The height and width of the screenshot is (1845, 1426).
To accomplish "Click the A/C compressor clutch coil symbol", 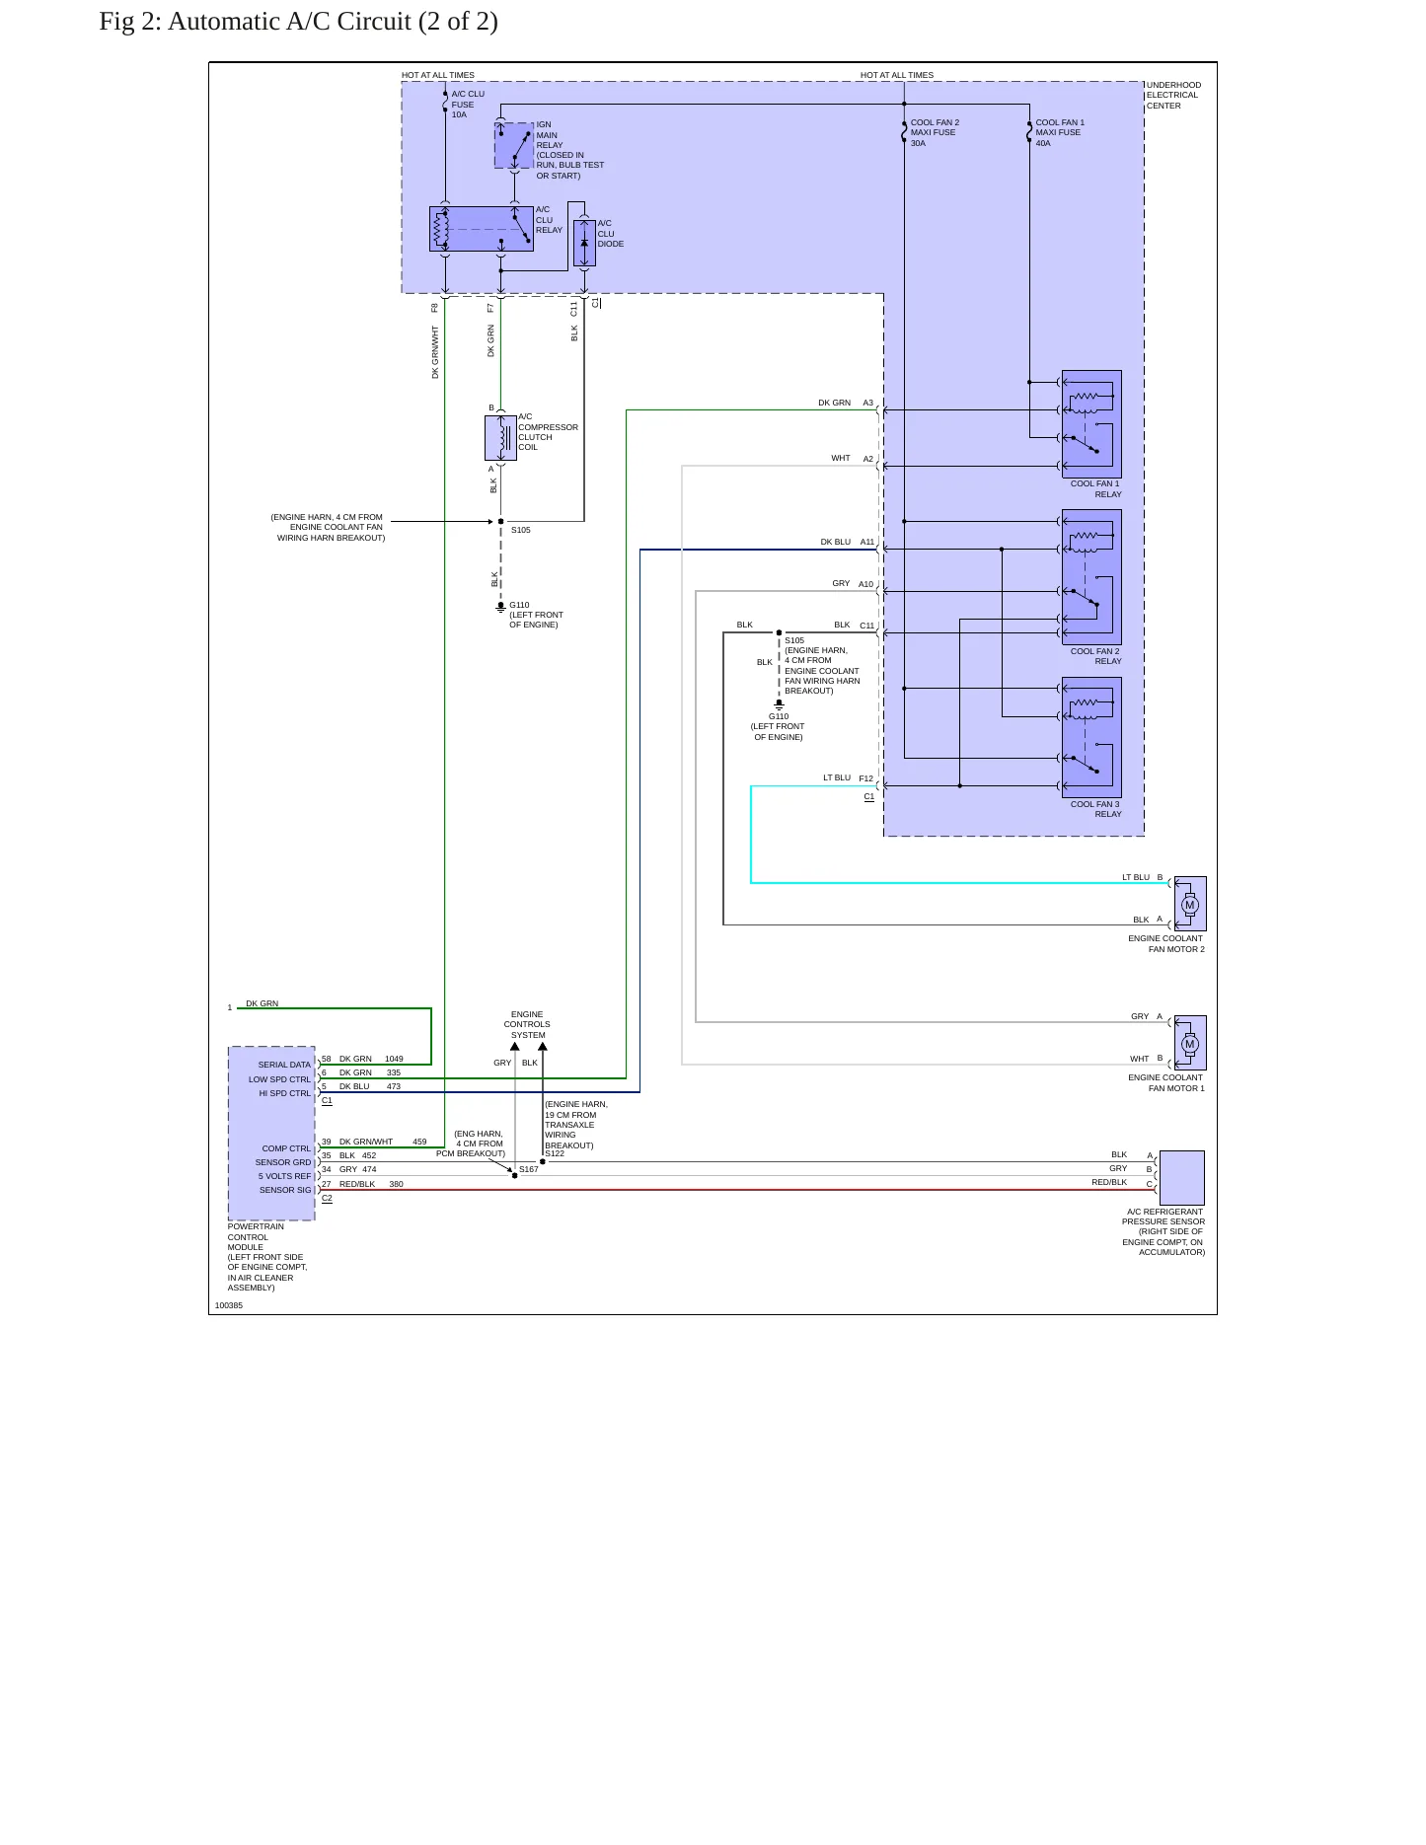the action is pos(501,438).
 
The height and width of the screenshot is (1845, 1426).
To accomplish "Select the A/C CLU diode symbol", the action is pos(584,244).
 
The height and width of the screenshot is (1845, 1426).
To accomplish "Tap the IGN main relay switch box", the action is pos(514,146).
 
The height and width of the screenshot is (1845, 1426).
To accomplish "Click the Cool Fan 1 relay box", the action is pos(1091,424).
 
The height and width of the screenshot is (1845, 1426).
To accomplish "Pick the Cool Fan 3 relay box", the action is pos(1091,737).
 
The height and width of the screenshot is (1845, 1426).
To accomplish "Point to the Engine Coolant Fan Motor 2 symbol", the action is pos(1190,904).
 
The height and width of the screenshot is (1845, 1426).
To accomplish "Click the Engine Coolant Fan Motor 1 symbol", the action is pos(1190,1043).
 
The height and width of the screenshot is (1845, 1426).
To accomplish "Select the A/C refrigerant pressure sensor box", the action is pos(1182,1177).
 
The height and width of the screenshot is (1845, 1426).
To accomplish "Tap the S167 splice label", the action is pos(529,1169).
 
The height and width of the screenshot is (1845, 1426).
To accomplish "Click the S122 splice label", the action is pos(555,1153).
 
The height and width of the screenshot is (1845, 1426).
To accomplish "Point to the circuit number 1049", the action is pos(394,1059).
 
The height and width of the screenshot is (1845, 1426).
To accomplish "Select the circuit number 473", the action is pos(394,1086).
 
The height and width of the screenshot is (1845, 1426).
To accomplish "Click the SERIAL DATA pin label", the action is pos(284,1065).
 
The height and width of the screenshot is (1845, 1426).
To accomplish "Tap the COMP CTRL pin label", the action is pos(286,1148).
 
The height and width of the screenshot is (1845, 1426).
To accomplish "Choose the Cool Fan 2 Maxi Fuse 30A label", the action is pos(935,133).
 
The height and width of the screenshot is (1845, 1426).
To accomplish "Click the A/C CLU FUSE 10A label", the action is pos(468,105).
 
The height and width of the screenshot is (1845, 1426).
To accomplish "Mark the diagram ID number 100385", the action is pos(229,1305).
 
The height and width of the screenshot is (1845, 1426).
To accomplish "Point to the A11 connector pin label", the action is pos(867,542).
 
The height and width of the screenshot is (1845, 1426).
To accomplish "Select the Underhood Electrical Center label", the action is pos(1173,96).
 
